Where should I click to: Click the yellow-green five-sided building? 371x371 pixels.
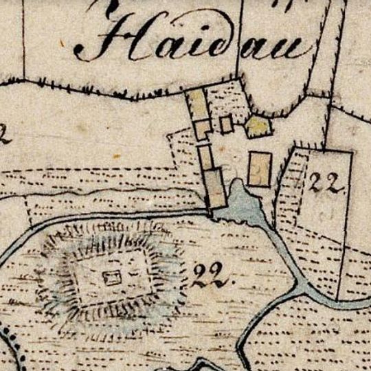pyautogui.click(x=258, y=126)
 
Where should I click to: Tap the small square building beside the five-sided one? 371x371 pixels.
pyautogui.click(x=226, y=124)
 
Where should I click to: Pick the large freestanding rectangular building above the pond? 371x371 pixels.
pyautogui.click(x=260, y=168)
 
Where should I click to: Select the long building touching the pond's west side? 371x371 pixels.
pyautogui.click(x=216, y=188)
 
